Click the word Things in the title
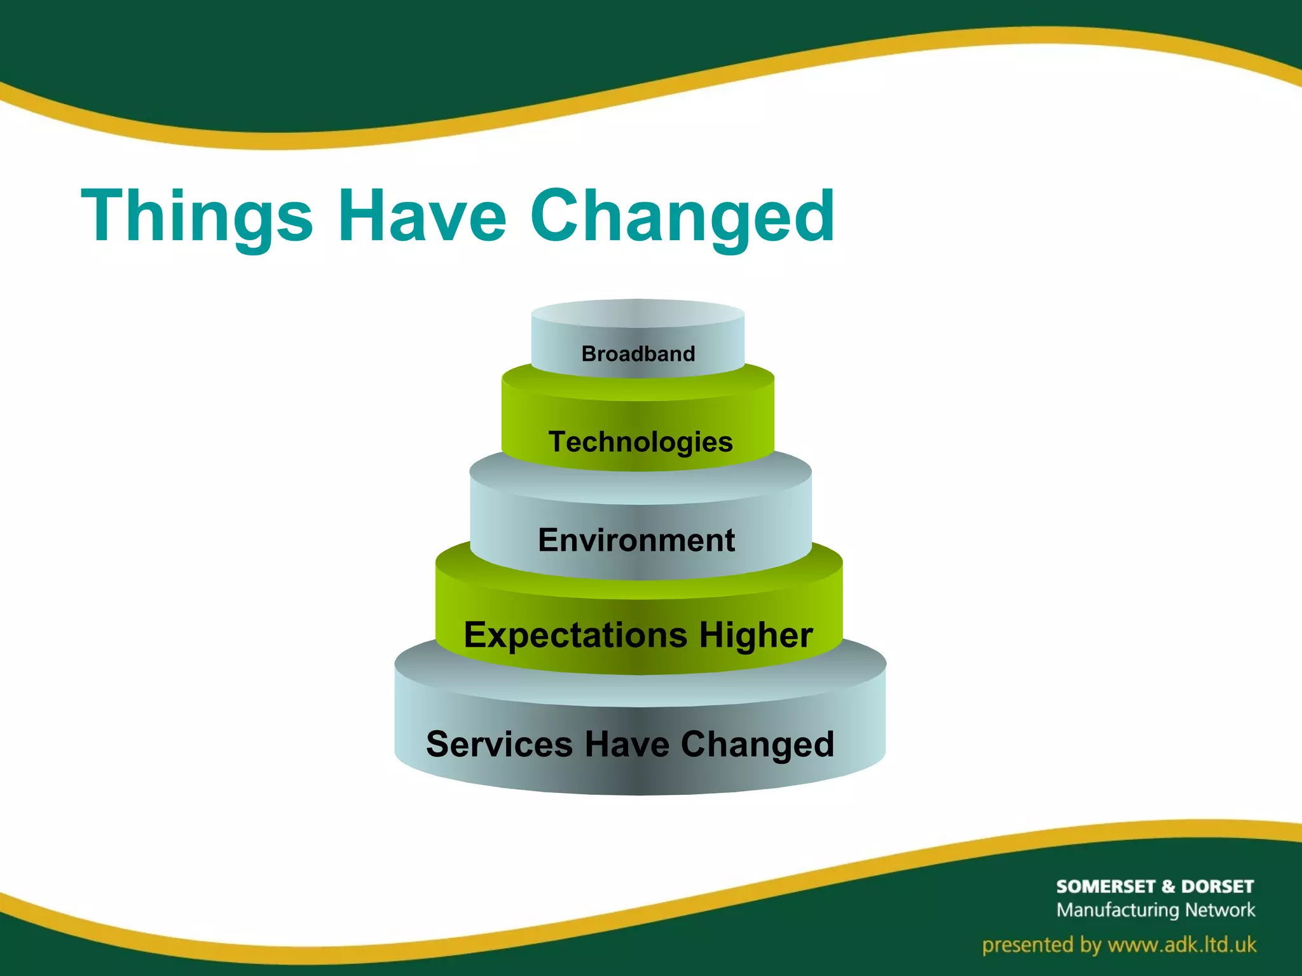(x=197, y=217)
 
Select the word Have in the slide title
(x=422, y=217)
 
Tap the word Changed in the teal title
(x=682, y=217)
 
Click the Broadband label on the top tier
(x=638, y=354)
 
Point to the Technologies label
(x=640, y=442)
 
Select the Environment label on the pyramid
(x=636, y=540)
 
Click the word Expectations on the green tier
(x=575, y=635)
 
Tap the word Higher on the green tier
(x=756, y=635)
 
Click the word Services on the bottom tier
(x=499, y=744)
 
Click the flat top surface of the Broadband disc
(x=638, y=313)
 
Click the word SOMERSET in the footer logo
(x=1106, y=886)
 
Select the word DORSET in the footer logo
(x=1217, y=886)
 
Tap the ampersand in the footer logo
(x=1168, y=886)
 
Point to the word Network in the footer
(x=1220, y=910)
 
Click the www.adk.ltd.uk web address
(x=1182, y=945)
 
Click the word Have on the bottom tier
(x=626, y=744)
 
